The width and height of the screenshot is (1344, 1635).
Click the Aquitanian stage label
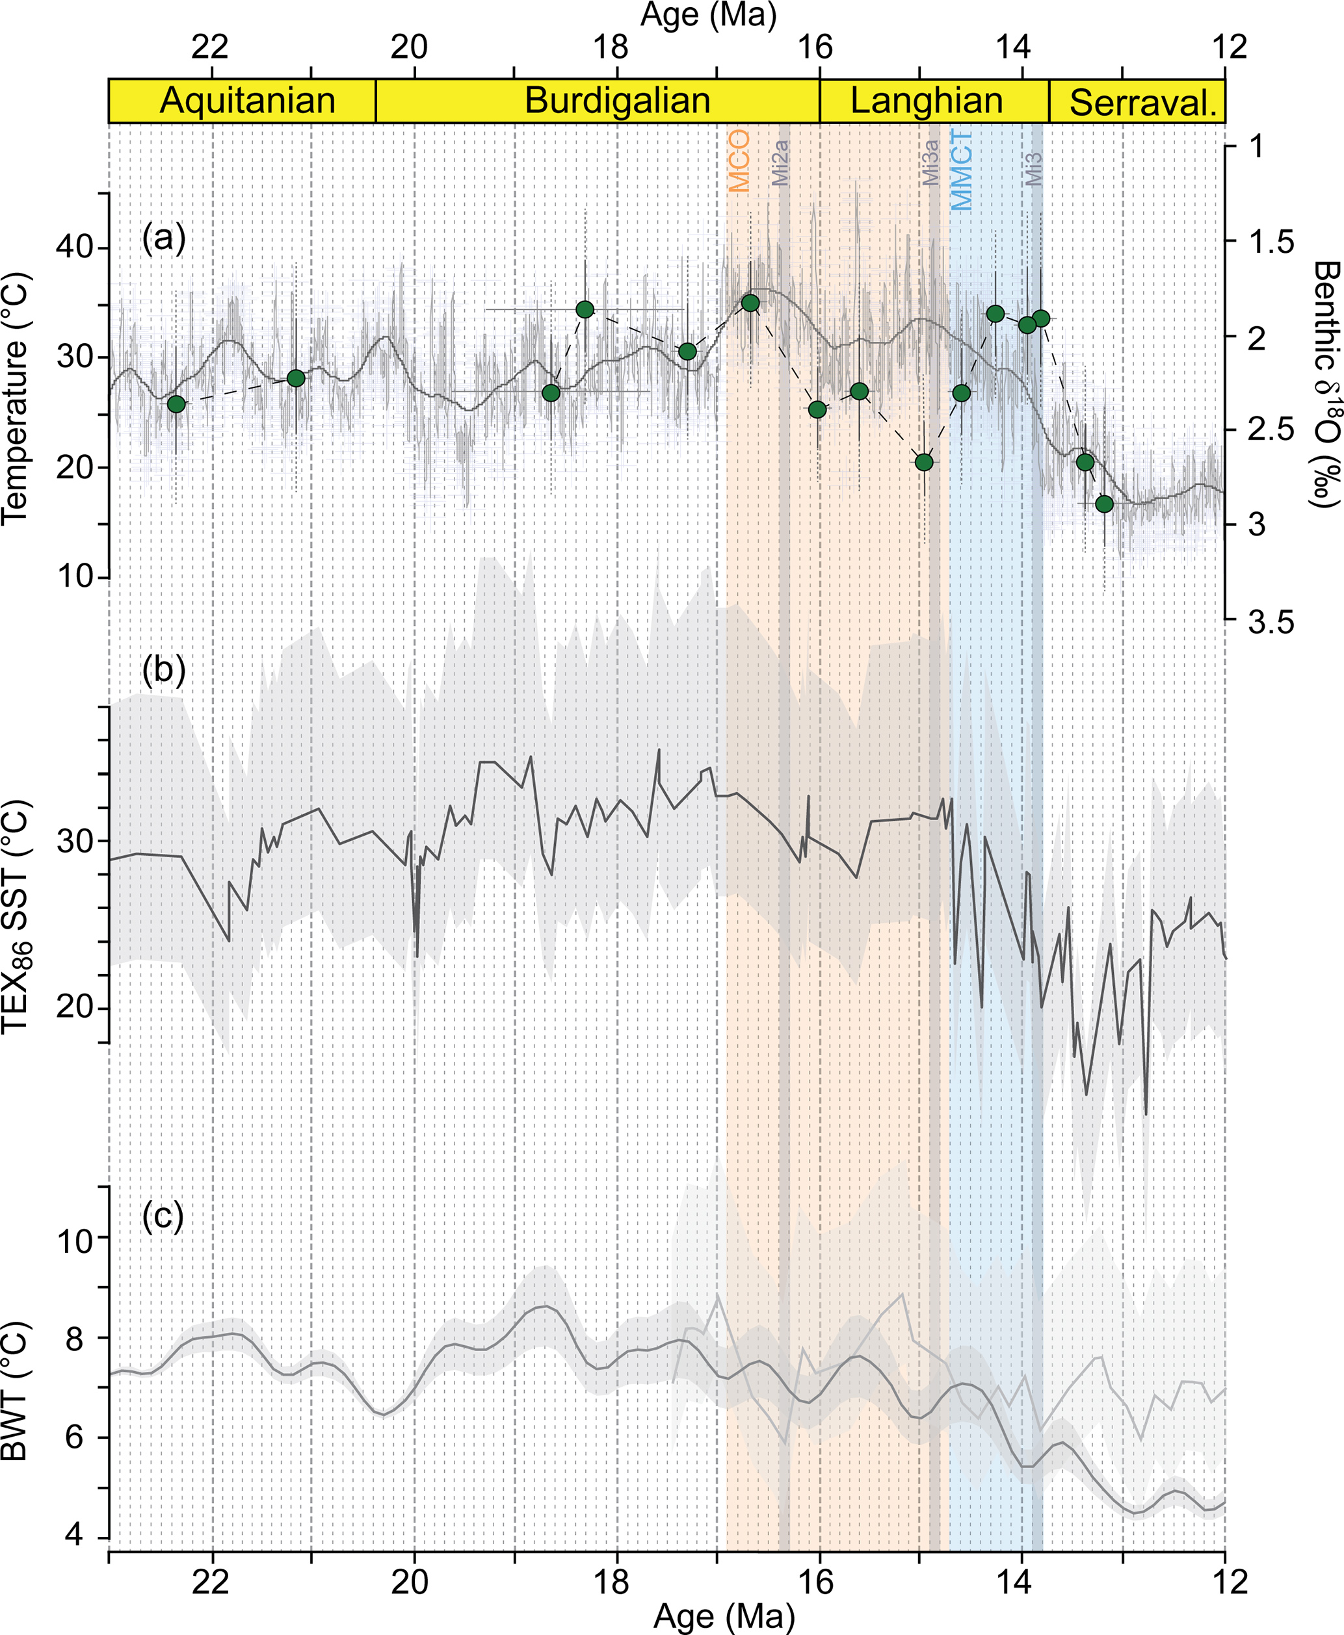[247, 101]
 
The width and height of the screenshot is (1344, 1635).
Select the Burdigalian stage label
[617, 101]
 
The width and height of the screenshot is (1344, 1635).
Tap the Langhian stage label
[927, 101]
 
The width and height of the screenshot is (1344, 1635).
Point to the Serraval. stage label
[1142, 103]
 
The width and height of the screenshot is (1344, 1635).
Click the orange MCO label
[739, 161]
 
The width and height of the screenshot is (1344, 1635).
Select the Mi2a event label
[780, 162]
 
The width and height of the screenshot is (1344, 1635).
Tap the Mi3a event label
[930, 162]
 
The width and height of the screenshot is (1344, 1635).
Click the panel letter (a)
[163, 238]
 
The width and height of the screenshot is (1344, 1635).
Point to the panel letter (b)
[163, 669]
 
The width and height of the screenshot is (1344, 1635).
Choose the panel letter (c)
[163, 1216]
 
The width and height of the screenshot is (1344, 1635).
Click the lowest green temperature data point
[1104, 504]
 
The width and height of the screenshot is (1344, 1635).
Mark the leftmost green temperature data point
[176, 404]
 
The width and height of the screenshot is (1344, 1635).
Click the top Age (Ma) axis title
[707, 16]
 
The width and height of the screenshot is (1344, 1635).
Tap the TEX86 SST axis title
[16, 917]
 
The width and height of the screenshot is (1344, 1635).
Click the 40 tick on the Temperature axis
[74, 248]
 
